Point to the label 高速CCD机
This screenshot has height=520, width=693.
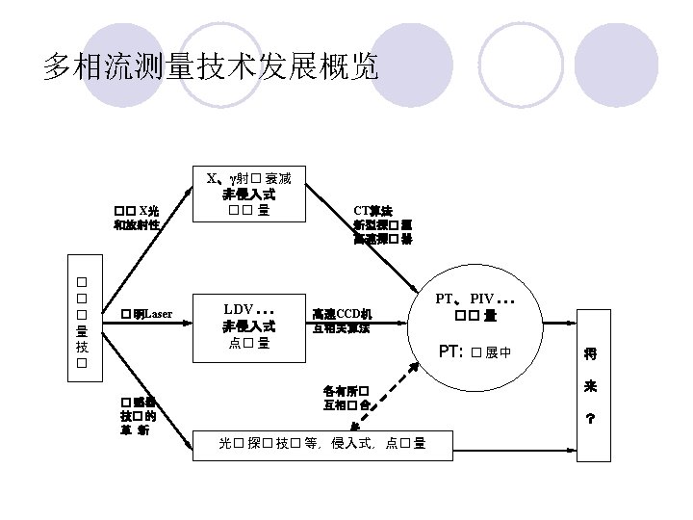click(x=342, y=313)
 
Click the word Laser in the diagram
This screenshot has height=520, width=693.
click(x=158, y=314)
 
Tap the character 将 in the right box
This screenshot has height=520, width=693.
click(x=589, y=354)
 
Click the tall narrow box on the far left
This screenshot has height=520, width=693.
click(x=83, y=325)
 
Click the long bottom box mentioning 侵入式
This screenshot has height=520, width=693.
click(x=323, y=443)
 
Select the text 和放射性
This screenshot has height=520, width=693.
click(x=136, y=225)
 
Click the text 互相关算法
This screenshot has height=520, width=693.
click(x=342, y=327)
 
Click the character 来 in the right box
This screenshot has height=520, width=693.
click(x=589, y=386)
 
